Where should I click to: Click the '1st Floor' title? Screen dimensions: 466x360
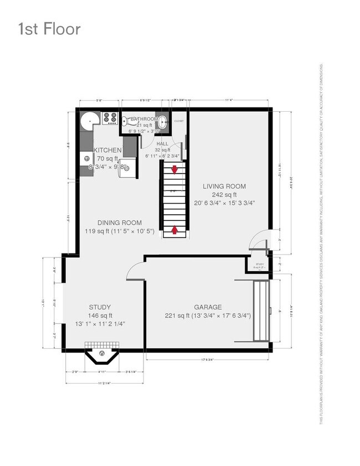[49, 29]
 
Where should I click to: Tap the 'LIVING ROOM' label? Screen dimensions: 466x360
[224, 187]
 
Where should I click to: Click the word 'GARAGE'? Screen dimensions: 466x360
[208, 307]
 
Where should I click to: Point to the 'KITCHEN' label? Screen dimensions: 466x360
[107, 150]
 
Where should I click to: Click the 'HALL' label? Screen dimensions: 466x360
[162, 143]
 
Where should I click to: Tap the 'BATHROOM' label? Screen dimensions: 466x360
[144, 119]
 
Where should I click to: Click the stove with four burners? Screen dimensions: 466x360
[109, 118]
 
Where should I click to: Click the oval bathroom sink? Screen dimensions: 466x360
[162, 124]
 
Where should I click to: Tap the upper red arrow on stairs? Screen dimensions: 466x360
[175, 169]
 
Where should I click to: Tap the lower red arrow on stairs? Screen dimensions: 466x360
[175, 229]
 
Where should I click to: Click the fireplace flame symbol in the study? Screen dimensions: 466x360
[101, 353]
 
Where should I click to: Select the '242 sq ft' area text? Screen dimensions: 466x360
[224, 195]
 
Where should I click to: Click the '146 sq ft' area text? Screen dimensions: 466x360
[100, 316]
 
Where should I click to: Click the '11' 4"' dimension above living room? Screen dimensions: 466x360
[228, 100]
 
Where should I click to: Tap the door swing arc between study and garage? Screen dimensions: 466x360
[135, 271]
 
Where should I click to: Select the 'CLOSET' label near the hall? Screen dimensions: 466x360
[178, 120]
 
